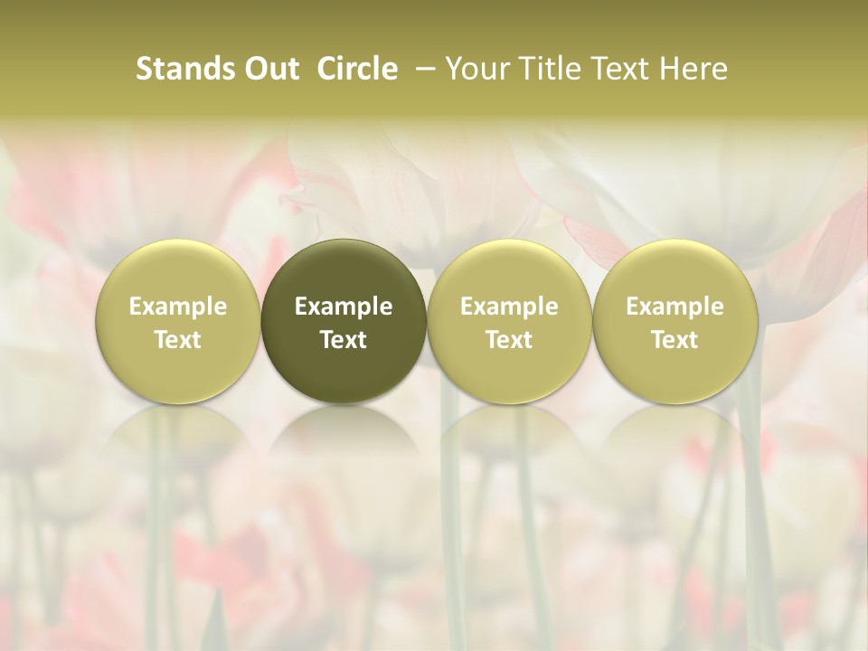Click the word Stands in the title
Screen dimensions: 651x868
(x=179, y=69)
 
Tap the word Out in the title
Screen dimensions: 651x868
(x=269, y=69)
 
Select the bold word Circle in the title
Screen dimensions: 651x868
(x=358, y=69)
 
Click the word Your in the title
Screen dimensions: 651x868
(x=475, y=69)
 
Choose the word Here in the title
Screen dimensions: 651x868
(x=693, y=69)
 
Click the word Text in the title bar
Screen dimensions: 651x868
(x=618, y=69)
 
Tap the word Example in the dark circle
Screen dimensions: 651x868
(x=344, y=307)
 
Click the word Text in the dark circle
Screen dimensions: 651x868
(x=344, y=340)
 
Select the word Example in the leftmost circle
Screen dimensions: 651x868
(x=178, y=307)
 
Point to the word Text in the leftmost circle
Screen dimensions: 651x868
(x=178, y=340)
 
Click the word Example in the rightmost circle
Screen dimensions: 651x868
(x=675, y=307)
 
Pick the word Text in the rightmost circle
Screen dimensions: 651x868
(x=675, y=340)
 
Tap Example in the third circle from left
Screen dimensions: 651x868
(x=509, y=307)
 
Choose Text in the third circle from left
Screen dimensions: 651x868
(x=509, y=340)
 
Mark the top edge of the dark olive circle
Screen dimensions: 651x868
(x=344, y=241)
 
